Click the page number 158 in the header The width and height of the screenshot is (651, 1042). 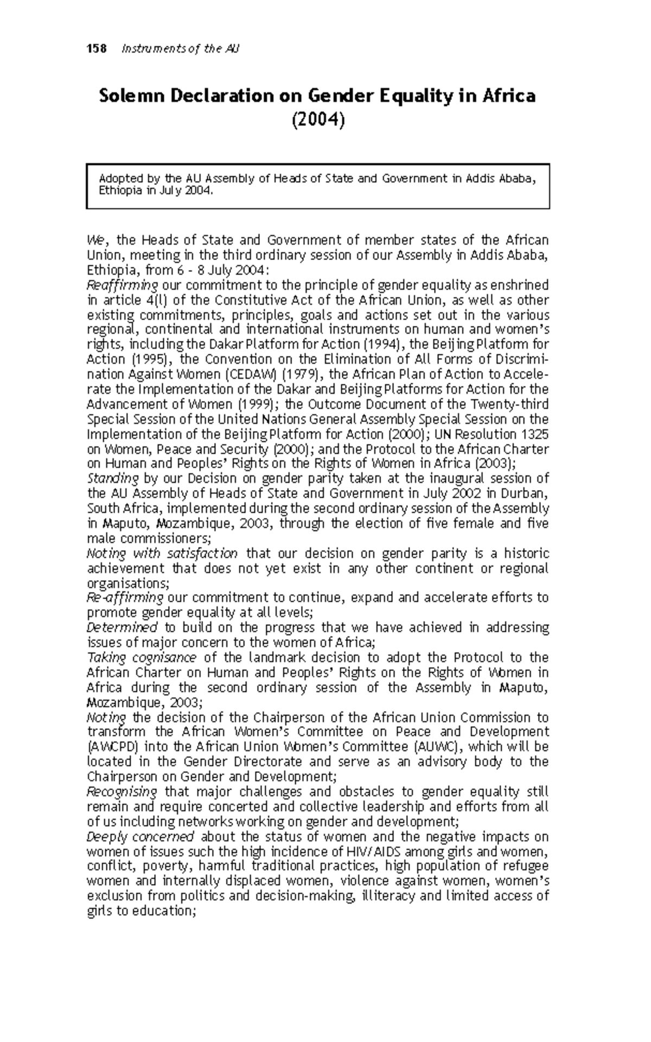point(98,49)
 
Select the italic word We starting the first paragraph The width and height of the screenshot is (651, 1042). point(94,240)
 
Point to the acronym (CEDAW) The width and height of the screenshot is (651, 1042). point(250,374)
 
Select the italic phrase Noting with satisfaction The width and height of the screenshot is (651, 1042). point(162,554)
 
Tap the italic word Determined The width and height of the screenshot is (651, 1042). point(122,628)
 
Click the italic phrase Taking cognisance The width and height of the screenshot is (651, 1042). point(142,658)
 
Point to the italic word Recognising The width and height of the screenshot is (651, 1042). point(122,791)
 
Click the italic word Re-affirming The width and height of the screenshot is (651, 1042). point(125,598)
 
